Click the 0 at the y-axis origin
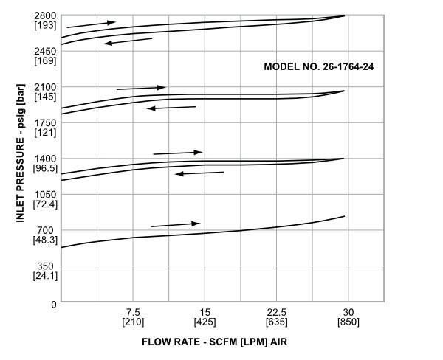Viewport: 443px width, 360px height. click(54, 303)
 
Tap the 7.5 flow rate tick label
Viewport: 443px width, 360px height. click(133, 312)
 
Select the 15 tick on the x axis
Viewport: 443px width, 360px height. click(205, 312)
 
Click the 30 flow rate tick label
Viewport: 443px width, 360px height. click(348, 312)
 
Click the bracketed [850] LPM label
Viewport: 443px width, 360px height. click(348, 322)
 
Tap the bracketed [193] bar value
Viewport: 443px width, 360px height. click(46, 25)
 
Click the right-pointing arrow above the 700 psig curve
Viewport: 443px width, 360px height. click(176, 224)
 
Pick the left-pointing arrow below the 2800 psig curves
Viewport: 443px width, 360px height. click(128, 41)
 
